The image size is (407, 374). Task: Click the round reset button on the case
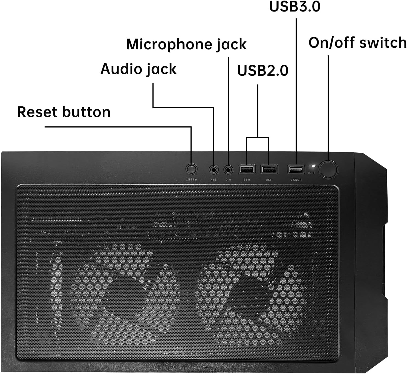(191, 169)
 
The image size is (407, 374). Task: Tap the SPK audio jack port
(214, 170)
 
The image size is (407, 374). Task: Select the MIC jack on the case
(228, 170)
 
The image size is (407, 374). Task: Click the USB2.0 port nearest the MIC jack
(247, 169)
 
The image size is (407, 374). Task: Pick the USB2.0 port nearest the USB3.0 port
(269, 169)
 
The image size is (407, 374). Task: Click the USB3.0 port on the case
(296, 169)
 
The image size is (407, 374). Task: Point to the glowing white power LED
(313, 166)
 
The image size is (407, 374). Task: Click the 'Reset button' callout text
(64, 112)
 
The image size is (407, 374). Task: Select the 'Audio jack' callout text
(138, 69)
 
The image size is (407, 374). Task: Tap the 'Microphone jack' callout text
(186, 44)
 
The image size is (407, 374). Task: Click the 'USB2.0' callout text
(262, 70)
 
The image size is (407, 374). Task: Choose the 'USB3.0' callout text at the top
(295, 7)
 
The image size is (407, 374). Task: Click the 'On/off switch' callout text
(357, 43)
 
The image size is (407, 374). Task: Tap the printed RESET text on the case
(191, 180)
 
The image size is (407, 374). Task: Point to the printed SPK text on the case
(213, 180)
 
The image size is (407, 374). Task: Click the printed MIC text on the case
(228, 180)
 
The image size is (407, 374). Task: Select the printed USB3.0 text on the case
(296, 180)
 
